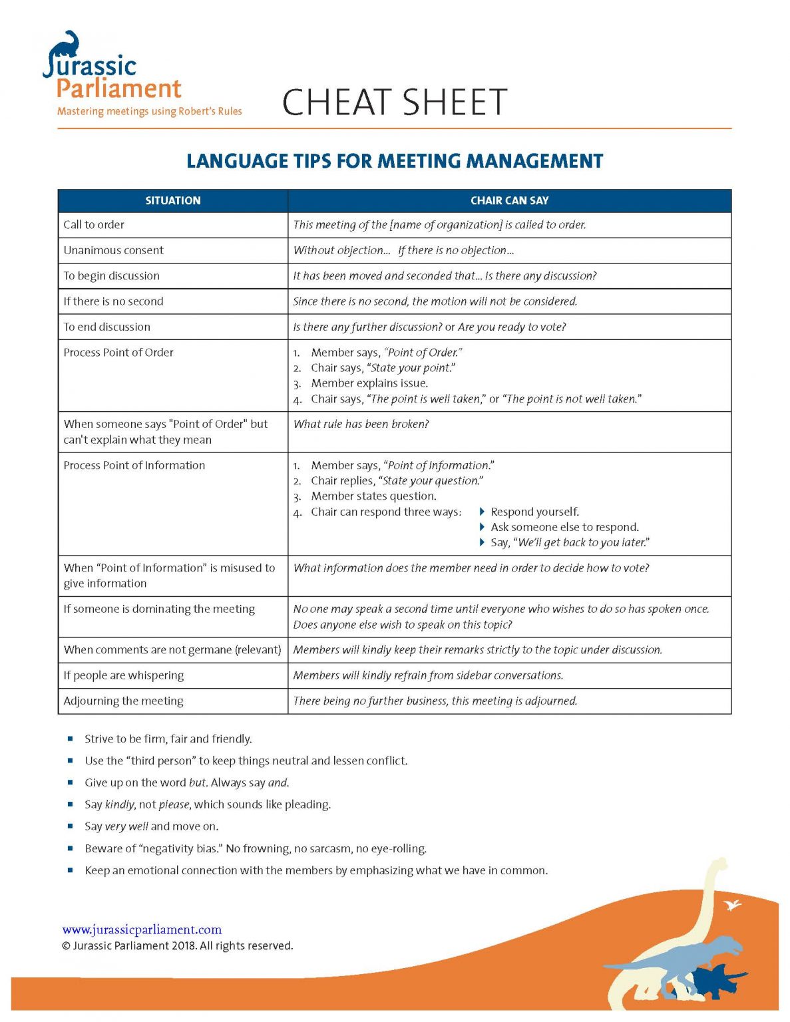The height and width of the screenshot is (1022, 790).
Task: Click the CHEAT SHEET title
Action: point(394,102)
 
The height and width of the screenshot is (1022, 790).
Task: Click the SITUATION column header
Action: point(172,200)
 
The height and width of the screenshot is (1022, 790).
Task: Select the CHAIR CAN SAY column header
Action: point(509,200)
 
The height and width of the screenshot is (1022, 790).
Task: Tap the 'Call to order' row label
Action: point(94,225)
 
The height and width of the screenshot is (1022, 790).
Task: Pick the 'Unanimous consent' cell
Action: point(113,250)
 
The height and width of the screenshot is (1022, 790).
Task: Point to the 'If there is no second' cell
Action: point(113,301)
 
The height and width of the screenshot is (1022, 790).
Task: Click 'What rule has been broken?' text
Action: point(361,424)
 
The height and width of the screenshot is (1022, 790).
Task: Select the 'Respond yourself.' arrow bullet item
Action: point(534,512)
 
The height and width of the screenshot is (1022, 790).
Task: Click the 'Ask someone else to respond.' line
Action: point(564,527)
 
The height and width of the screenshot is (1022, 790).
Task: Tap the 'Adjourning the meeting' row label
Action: point(123,701)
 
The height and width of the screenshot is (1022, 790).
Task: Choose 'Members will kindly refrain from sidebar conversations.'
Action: point(428,675)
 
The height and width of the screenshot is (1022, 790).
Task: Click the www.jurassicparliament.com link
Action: point(142,930)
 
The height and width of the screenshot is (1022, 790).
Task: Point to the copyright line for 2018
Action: point(177,945)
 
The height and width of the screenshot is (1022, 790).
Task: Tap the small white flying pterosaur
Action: point(733,905)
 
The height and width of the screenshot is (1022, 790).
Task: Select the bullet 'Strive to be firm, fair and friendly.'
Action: point(168,739)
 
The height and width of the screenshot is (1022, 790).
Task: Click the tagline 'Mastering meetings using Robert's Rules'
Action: point(149,111)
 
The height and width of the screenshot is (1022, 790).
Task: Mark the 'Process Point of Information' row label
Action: point(134,466)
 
